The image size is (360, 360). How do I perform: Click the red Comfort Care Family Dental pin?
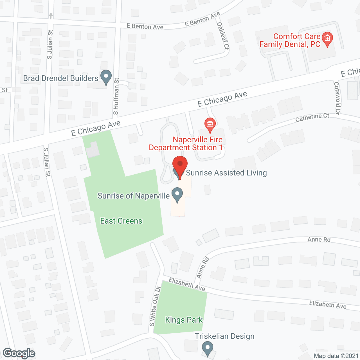[x=327, y=39]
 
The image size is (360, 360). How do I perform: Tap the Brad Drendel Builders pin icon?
[x=106, y=77]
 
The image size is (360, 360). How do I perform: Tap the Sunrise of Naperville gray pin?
[x=177, y=195]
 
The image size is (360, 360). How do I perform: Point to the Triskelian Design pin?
[x=207, y=348]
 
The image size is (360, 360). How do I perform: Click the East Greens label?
[x=121, y=221]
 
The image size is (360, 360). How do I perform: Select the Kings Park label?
[x=184, y=320]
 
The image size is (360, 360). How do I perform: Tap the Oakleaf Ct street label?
[x=223, y=36]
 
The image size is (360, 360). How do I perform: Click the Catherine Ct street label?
[x=312, y=118]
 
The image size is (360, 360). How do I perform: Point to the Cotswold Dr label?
[x=337, y=98]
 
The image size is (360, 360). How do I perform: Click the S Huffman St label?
[x=116, y=96]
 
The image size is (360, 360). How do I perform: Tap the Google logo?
[x=19, y=353]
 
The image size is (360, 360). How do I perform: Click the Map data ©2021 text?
[x=336, y=356]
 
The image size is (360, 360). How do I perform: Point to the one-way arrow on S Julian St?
[x=51, y=15]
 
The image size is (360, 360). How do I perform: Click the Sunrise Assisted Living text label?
[x=226, y=173]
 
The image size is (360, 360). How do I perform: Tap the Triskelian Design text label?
[x=224, y=336]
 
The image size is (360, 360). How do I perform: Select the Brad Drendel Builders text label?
[x=61, y=78]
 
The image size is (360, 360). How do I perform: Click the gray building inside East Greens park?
[x=93, y=150]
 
